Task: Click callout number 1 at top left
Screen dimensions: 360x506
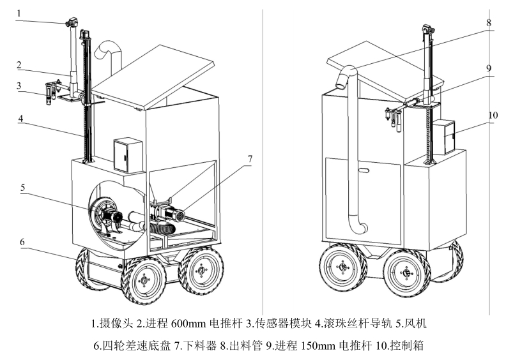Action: coord(20,12)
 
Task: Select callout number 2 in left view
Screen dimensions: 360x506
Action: coord(20,64)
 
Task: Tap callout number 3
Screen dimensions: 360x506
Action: coord(20,85)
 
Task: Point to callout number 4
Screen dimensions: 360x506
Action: coord(20,119)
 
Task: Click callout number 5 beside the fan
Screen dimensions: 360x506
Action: coord(23,187)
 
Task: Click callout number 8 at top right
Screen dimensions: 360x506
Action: coord(488,22)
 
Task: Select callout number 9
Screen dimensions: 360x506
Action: coord(488,68)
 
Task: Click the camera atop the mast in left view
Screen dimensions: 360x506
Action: coord(70,24)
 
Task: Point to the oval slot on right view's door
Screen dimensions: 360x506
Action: coord(363,170)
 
